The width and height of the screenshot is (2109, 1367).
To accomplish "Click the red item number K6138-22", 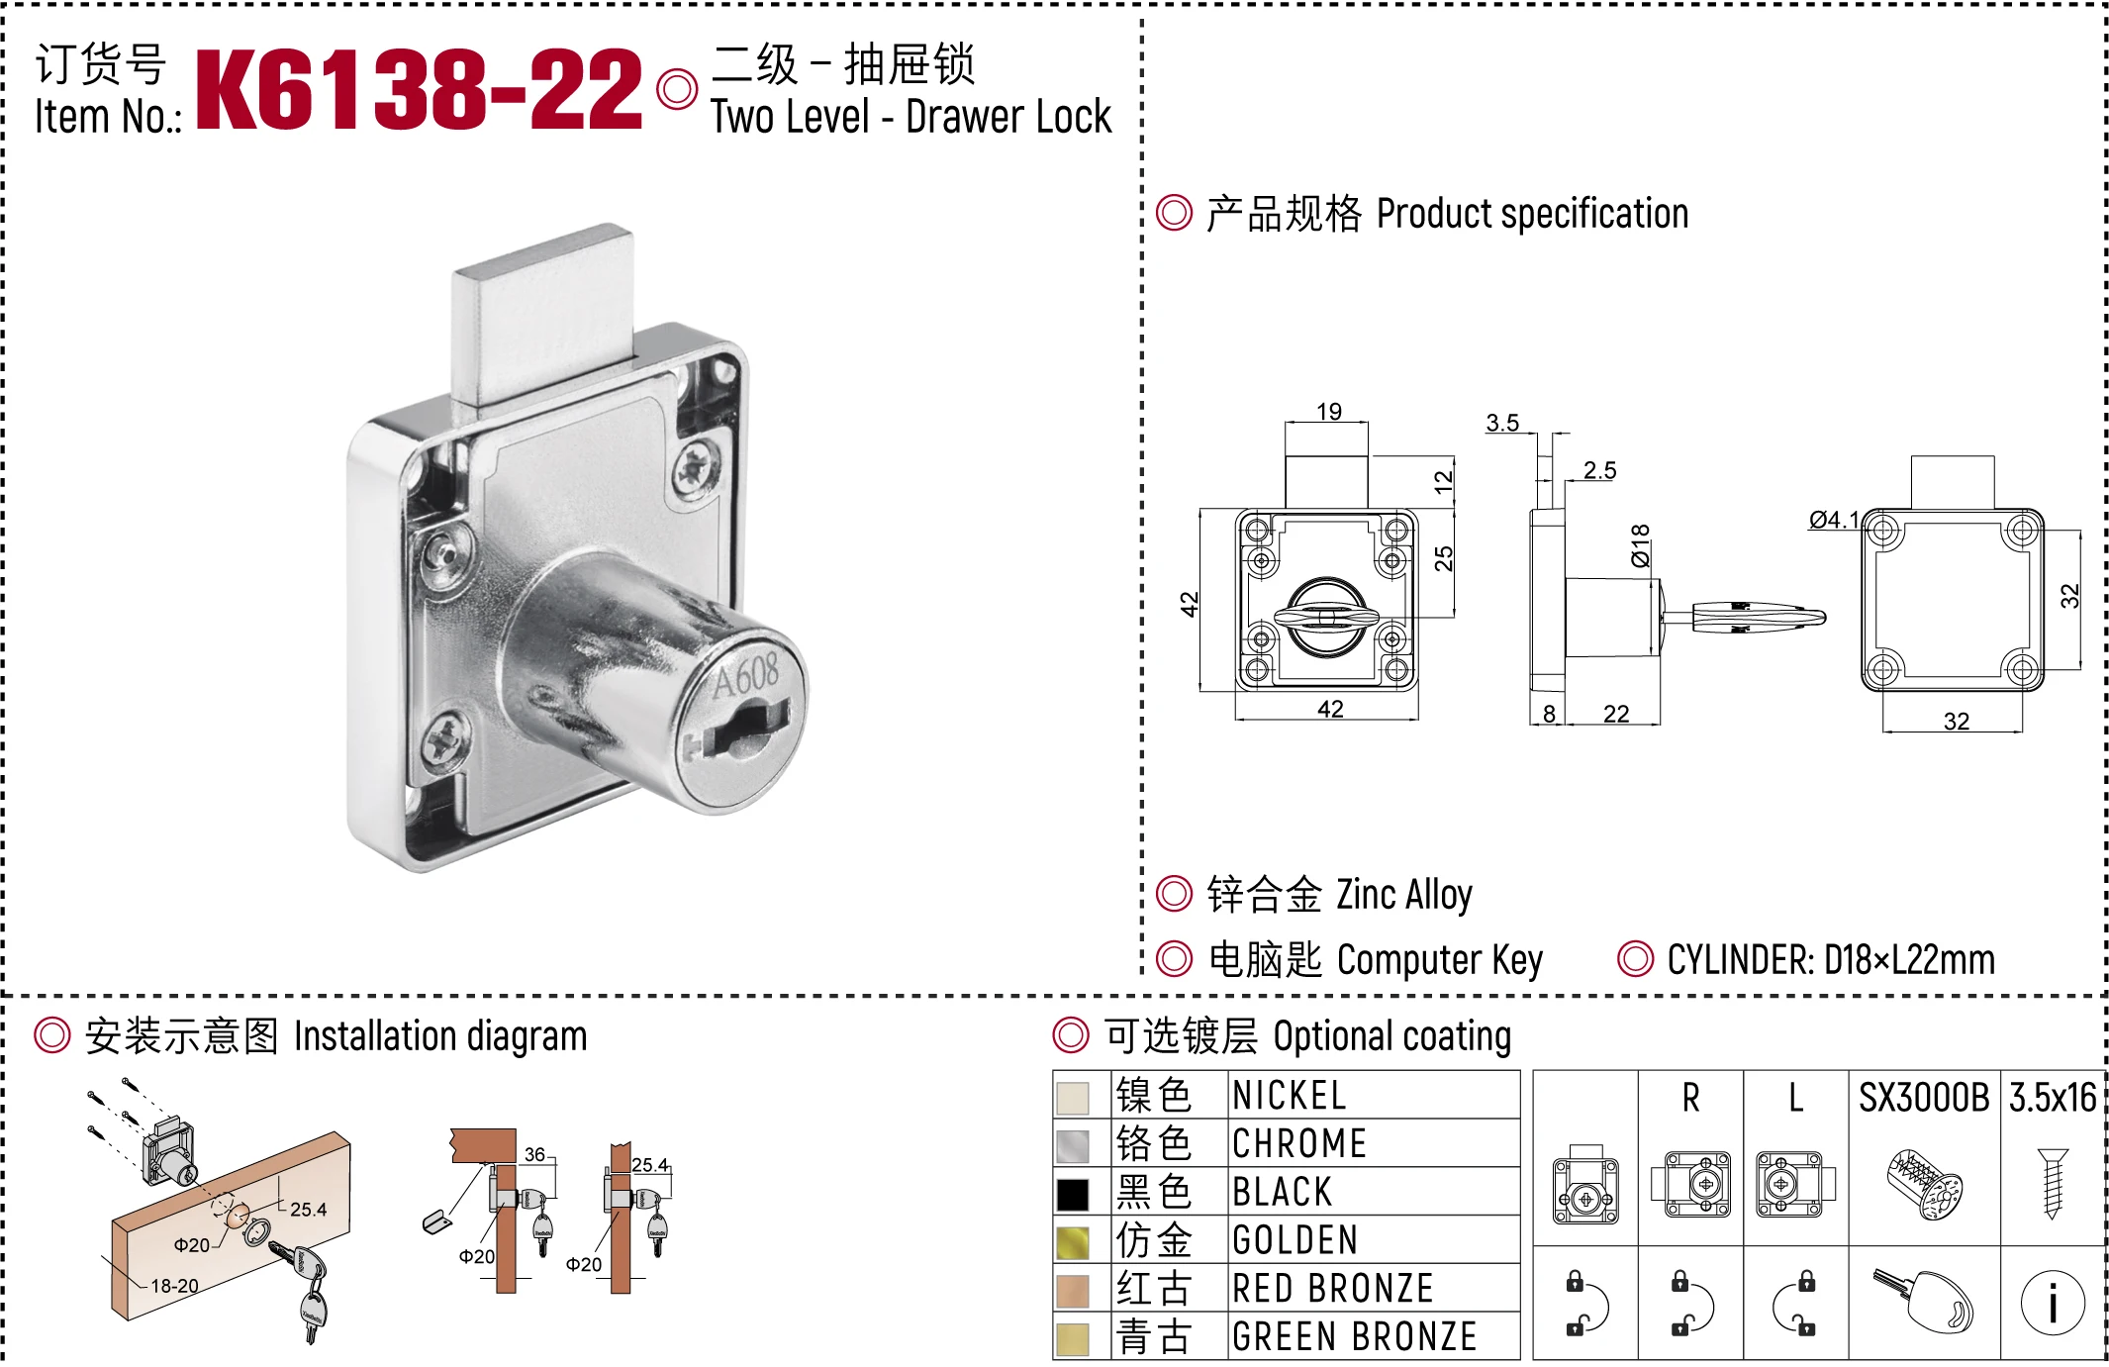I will pos(419,90).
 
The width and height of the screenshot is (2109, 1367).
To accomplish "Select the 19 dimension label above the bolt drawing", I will pos(1328,412).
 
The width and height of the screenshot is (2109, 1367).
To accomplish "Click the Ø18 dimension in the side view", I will pos(1640,545).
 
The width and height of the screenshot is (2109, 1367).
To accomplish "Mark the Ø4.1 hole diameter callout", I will pos(1833,520).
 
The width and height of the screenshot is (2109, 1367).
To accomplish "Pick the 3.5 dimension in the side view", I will pos(1501,424).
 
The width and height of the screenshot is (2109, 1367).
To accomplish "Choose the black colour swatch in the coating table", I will pos(1072,1194).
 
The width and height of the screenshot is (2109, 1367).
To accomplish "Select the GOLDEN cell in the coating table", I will pos(1294,1240).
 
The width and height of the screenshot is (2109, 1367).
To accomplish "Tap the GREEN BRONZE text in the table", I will pos(1354,1336).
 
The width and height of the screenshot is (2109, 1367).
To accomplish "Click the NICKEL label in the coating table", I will pos(1289,1096).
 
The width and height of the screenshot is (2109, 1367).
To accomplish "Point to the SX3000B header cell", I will pos(1923,1098).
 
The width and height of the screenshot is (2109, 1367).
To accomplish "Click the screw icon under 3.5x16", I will pos(2053,1183).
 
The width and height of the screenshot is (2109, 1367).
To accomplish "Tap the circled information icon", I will pos(2053,1303).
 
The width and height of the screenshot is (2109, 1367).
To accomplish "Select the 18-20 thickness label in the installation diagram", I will pos(174,1286).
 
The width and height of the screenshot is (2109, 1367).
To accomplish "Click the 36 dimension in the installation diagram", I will pos(534,1154).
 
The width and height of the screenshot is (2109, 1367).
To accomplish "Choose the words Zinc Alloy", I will pos(1403,895).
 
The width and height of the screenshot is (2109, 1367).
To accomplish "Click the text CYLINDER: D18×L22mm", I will pos(1830,960).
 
